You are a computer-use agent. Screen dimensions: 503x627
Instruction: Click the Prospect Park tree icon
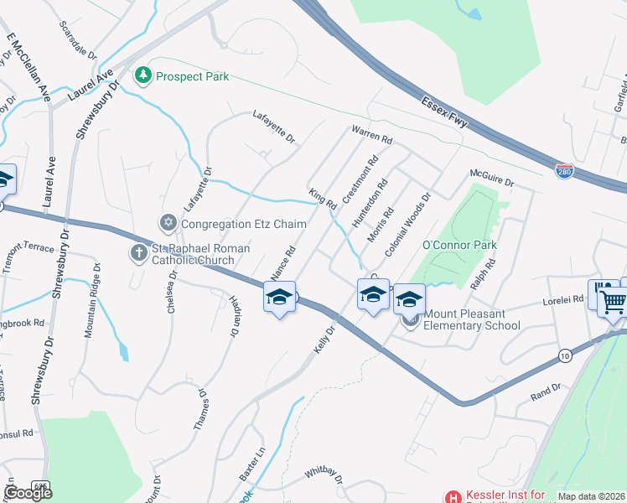pyautogui.click(x=143, y=76)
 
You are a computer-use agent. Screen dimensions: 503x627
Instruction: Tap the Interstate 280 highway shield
pyautogui.click(x=565, y=171)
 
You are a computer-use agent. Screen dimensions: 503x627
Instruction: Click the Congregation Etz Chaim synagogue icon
pyautogui.click(x=168, y=223)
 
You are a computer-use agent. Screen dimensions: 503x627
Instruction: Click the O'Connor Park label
pyautogui.click(x=459, y=246)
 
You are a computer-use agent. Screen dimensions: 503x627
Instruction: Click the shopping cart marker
pyautogui.click(x=613, y=298)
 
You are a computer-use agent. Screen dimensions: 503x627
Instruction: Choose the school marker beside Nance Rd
pyautogui.click(x=279, y=298)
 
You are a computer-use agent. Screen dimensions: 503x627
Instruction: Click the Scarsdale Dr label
pyautogui.click(x=78, y=39)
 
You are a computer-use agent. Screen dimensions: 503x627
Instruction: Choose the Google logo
pyautogui.click(x=28, y=493)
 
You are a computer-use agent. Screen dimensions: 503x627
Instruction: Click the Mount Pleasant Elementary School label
pyautogui.click(x=471, y=319)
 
